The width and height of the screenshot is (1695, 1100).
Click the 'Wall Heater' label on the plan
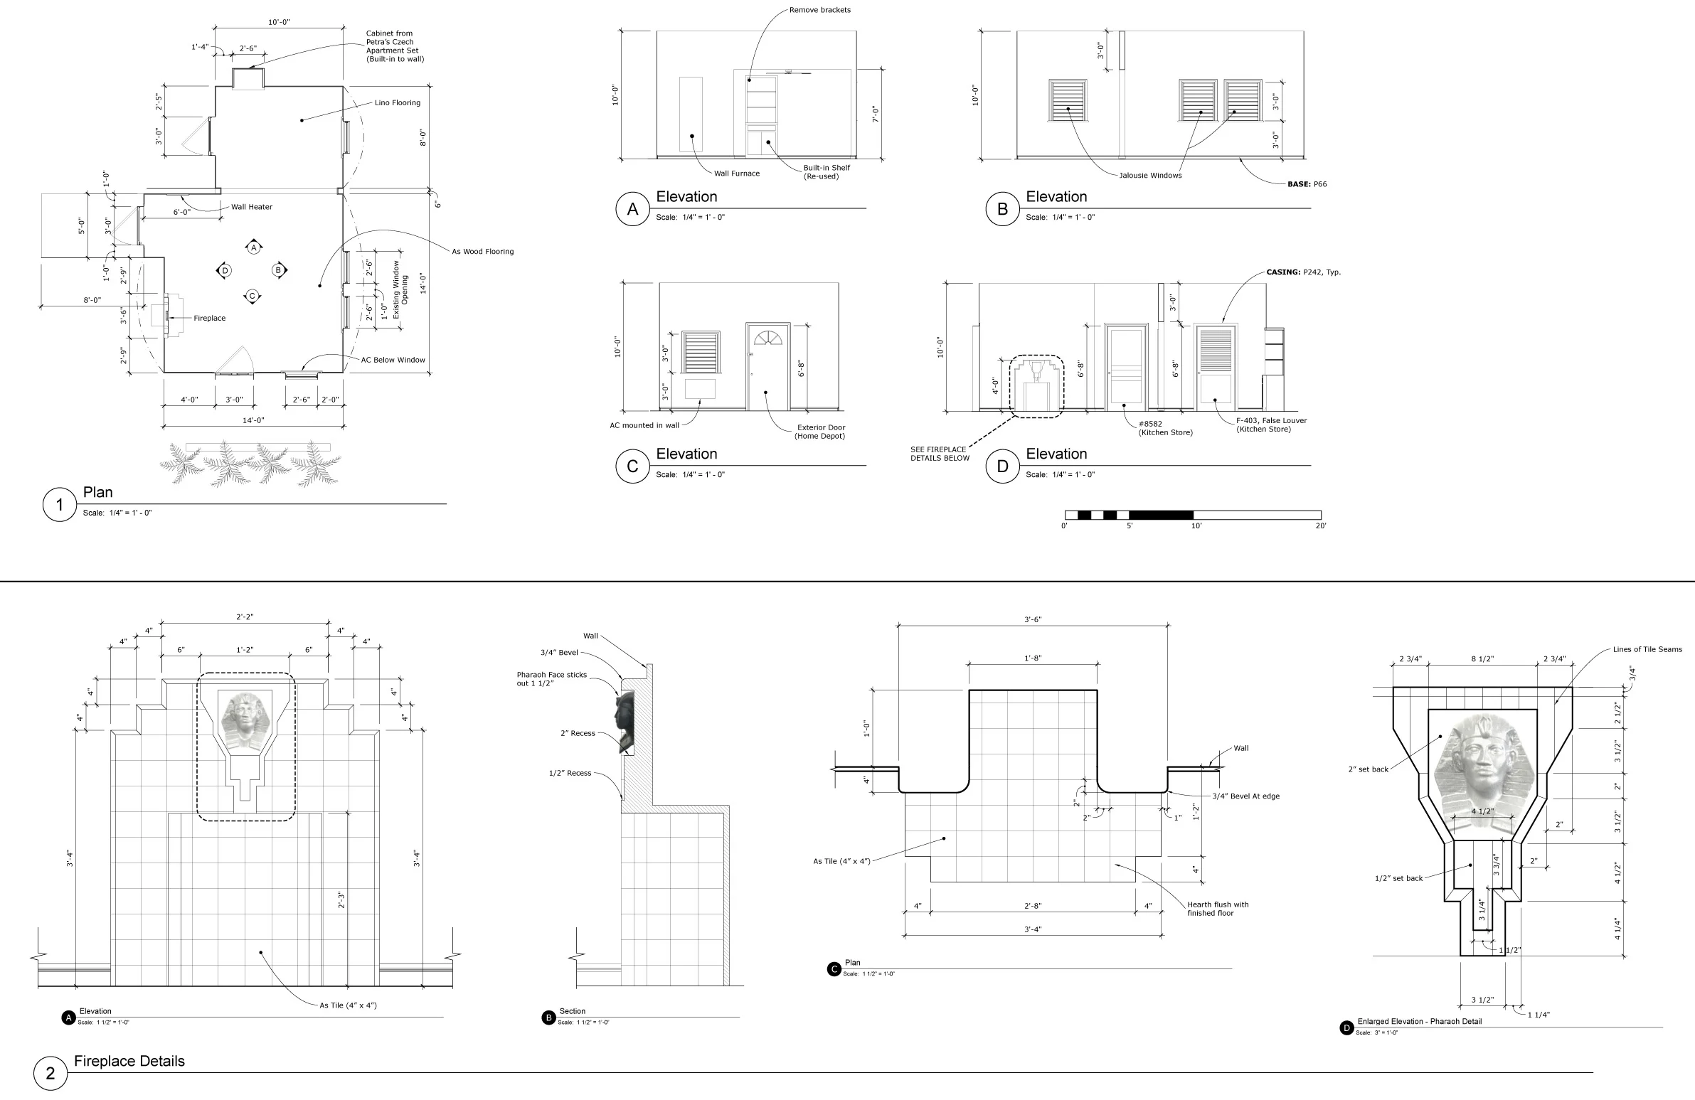pyautogui.click(x=251, y=207)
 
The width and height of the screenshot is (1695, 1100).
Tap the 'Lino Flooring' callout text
pyautogui.click(x=398, y=103)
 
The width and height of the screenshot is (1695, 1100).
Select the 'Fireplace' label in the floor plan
pyautogui.click(x=209, y=319)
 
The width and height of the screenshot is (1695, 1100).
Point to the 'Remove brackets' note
pyautogui.click(x=819, y=10)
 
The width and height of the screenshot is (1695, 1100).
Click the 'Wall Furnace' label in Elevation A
pyautogui.click(x=736, y=173)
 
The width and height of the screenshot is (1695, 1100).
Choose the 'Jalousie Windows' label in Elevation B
pyautogui.click(x=1149, y=176)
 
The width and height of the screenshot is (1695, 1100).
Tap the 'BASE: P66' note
pyautogui.click(x=1307, y=184)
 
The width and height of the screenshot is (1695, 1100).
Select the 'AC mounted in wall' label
pyautogui.click(x=644, y=426)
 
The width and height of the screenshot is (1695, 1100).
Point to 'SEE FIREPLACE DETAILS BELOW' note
pyautogui.click(x=940, y=454)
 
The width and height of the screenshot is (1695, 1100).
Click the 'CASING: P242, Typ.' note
pyautogui.click(x=1303, y=272)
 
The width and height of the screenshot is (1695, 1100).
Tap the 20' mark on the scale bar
pyautogui.click(x=1320, y=526)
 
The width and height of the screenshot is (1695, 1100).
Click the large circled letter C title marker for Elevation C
pyautogui.click(x=632, y=466)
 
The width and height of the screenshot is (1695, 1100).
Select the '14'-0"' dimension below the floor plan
pyautogui.click(x=253, y=421)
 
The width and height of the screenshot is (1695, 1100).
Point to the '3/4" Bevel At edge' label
pyautogui.click(x=1245, y=796)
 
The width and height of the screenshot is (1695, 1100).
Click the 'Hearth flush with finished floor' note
pyautogui.click(x=1217, y=909)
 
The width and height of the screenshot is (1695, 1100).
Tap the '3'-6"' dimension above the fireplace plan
pyautogui.click(x=1033, y=619)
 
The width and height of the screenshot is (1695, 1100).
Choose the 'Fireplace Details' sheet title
pyautogui.click(x=129, y=1061)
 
